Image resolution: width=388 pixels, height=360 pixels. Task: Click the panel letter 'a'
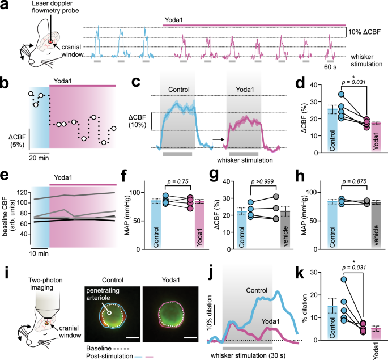point(5,5)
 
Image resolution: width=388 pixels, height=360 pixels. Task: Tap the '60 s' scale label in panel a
point(331,67)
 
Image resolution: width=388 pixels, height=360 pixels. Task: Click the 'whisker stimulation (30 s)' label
point(248,355)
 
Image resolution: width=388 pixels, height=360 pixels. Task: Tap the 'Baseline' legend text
point(97,346)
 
